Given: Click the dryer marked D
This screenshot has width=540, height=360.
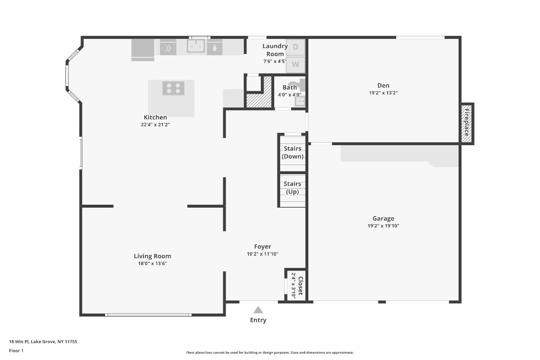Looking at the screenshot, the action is pyautogui.click(x=295, y=47).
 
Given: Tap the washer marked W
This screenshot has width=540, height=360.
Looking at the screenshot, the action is pyautogui.click(x=295, y=65).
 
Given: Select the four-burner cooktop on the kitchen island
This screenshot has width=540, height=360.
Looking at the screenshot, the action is pyautogui.click(x=173, y=88).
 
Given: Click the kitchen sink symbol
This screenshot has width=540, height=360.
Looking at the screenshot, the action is pyautogui.click(x=196, y=46).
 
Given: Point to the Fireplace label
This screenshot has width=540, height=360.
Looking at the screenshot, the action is pyautogui.click(x=467, y=122).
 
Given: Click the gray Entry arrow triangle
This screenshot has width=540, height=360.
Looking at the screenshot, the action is pyautogui.click(x=258, y=310).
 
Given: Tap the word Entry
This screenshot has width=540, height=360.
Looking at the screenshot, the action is pyautogui.click(x=258, y=320).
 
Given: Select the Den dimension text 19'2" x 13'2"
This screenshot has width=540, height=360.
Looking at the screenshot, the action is pyautogui.click(x=383, y=93).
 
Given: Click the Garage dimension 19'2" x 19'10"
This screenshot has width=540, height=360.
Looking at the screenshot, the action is pyautogui.click(x=383, y=226).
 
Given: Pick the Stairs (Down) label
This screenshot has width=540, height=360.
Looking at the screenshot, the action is pyautogui.click(x=292, y=152).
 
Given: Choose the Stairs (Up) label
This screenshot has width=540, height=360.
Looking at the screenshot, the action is pyautogui.click(x=292, y=188).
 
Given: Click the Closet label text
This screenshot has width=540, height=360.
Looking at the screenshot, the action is pyautogui.click(x=300, y=286).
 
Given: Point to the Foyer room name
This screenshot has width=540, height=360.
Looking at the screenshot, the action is pyautogui.click(x=262, y=246).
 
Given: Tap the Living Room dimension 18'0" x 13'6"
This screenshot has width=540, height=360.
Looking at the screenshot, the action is pyautogui.click(x=152, y=263).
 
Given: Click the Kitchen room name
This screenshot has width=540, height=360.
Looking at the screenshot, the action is pyautogui.click(x=155, y=117).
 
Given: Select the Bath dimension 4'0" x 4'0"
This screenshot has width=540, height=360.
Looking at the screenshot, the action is pyautogui.click(x=289, y=95).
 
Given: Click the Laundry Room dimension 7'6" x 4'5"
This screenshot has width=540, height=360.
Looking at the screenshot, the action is pyautogui.click(x=275, y=61).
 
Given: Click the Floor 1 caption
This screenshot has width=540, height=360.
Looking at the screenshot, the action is pyautogui.click(x=16, y=351).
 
